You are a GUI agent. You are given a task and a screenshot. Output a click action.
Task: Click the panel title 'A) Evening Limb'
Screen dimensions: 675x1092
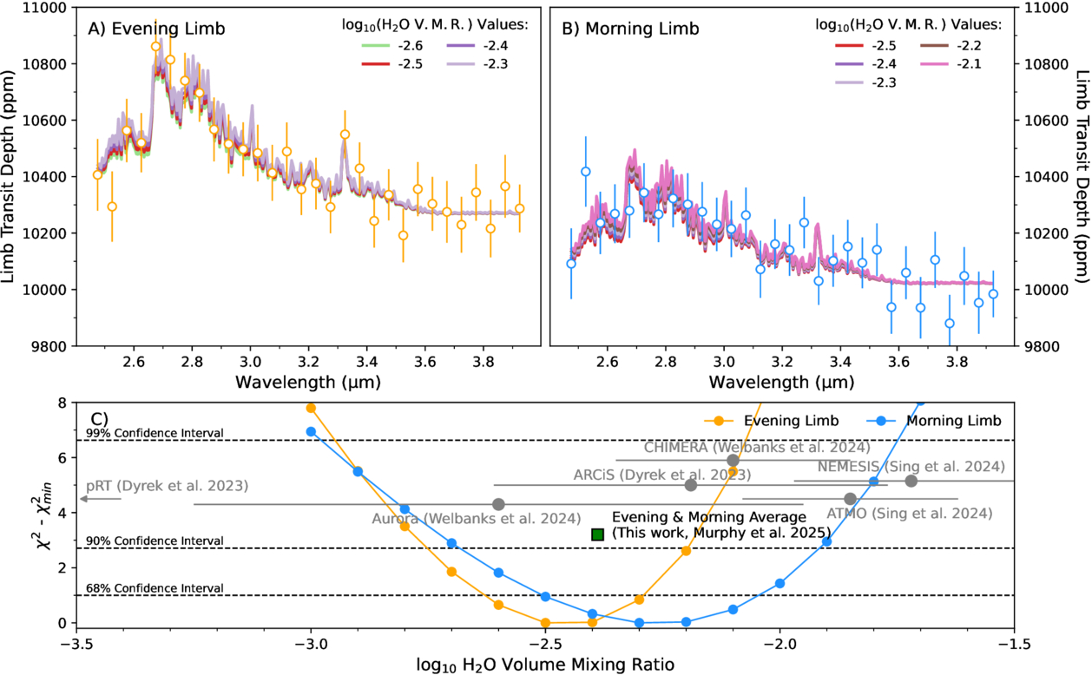(x=156, y=29)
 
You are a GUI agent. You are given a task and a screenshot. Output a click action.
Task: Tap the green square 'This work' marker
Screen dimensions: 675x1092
(x=597, y=534)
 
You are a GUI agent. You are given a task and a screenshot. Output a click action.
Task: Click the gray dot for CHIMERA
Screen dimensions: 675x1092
(x=733, y=460)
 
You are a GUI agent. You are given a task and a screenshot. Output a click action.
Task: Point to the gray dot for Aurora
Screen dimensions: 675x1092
(x=498, y=504)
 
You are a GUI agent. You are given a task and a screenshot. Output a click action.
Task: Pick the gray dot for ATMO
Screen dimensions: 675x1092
(x=850, y=499)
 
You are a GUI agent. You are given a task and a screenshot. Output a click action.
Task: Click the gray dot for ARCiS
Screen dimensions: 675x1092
(x=691, y=485)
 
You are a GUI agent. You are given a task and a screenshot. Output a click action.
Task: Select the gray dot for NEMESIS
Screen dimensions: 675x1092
(x=911, y=481)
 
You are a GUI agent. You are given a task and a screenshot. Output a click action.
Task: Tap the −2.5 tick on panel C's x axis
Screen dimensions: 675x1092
(x=545, y=645)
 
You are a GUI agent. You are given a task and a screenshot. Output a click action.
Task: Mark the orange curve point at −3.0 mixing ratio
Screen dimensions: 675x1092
(x=311, y=408)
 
